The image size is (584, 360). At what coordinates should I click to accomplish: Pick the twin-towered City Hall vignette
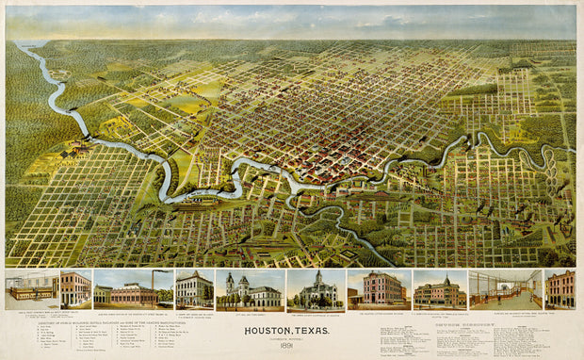coord(250,290)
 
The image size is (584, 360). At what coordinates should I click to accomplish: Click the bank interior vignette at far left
coord(30,289)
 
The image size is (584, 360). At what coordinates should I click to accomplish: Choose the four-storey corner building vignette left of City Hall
coord(193,289)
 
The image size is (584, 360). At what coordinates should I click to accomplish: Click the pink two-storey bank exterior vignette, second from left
coord(74,289)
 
